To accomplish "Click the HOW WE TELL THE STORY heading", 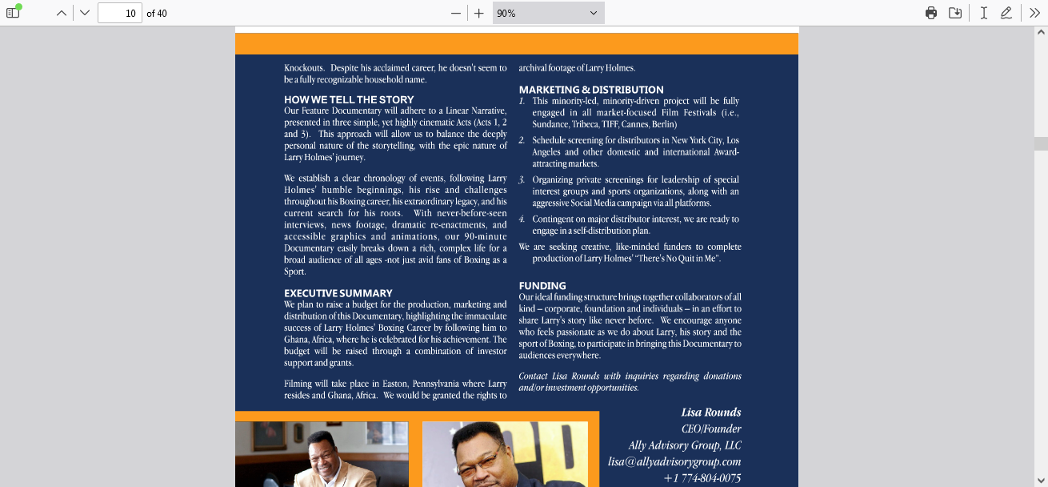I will pos(349,100).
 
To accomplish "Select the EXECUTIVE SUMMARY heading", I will pos(338,293).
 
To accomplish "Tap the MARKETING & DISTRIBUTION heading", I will pos(591,90).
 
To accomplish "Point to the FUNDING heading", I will pos(542,286).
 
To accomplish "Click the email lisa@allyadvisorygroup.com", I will pos(674,461).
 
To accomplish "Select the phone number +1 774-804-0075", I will pos(702,478).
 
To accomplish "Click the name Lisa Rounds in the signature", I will pos(711,413).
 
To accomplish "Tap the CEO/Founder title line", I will pos(711,429).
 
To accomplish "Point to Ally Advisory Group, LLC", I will pos(685,445).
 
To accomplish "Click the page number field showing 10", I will pos(120,13).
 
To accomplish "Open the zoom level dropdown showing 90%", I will pos(548,13).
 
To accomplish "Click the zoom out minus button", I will pos(456,13).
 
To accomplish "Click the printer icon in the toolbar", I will pos(931,13).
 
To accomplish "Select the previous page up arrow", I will pos(61,13).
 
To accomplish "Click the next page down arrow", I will pos(85,13).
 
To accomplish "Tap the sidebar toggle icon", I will pos(13,13).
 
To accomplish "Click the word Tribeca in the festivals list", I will pos(585,124).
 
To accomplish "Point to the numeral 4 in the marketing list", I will pos(522,219).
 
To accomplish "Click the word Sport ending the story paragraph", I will pos(294,272).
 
